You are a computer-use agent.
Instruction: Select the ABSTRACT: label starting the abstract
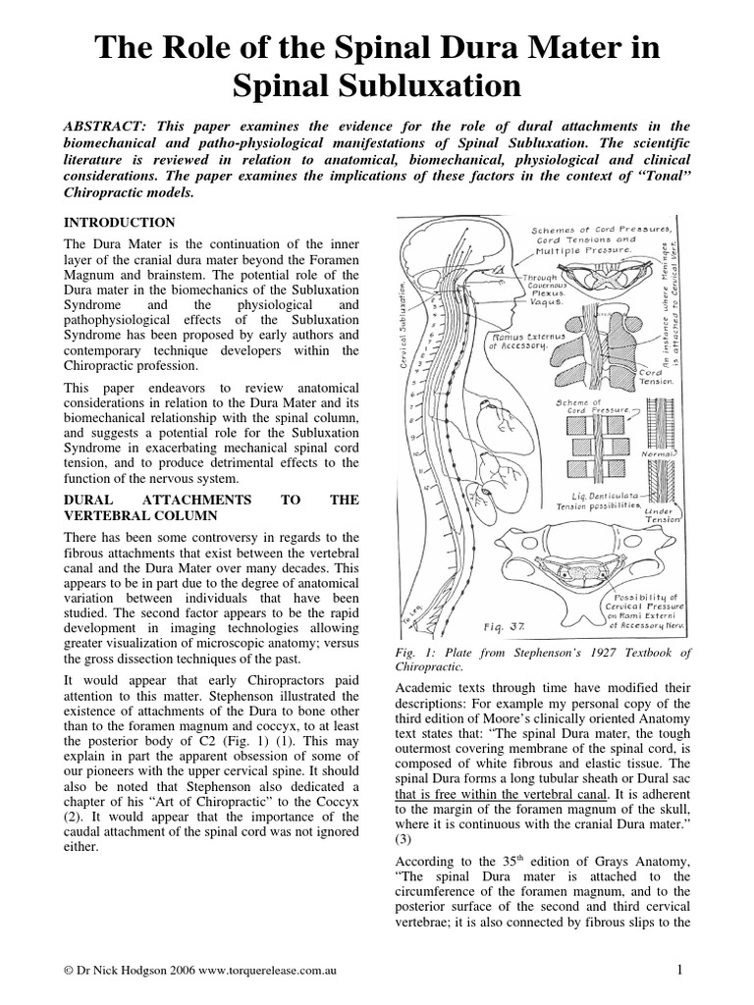tap(105, 127)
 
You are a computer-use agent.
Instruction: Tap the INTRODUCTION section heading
tap(119, 223)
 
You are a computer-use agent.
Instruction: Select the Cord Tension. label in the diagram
tap(656, 378)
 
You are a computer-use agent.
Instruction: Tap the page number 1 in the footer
tap(678, 970)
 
